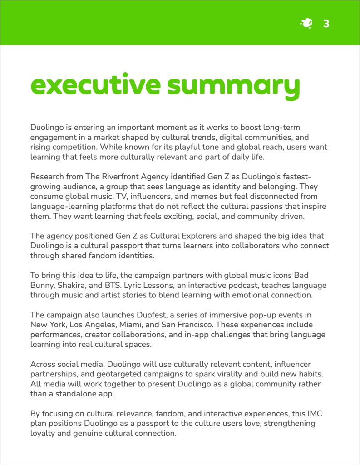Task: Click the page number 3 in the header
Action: click(326, 24)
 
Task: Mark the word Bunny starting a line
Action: click(42, 285)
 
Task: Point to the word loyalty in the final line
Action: click(43, 433)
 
